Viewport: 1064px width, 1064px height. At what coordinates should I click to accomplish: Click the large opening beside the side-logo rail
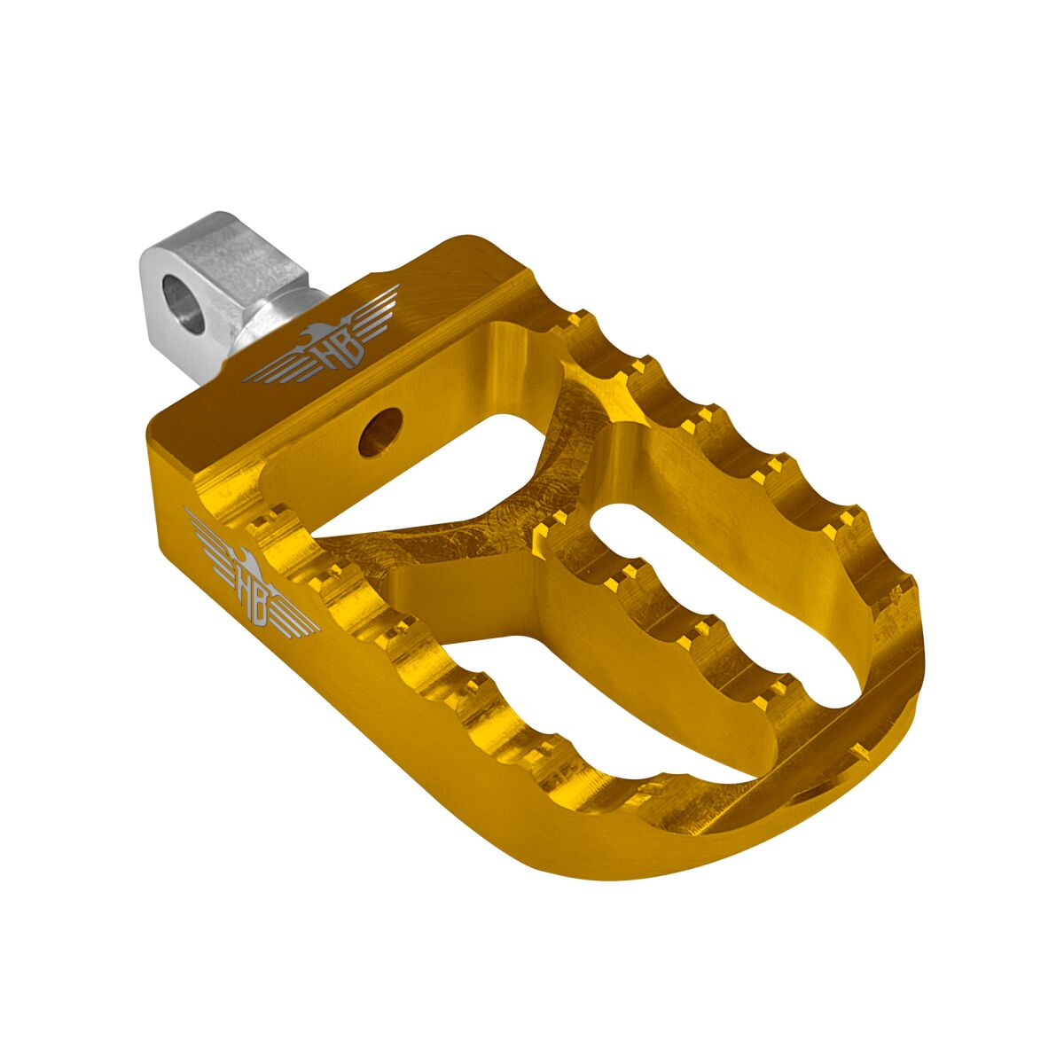(550, 700)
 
